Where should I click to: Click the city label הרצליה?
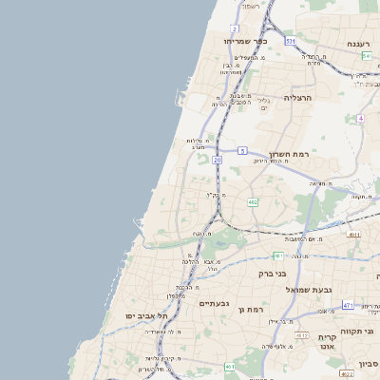point(298,98)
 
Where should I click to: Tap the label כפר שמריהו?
point(245,41)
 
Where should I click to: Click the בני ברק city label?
point(273,274)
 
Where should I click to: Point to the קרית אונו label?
point(329,344)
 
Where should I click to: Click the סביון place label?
point(370,363)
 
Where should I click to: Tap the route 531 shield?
point(290,42)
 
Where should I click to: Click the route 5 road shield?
point(243,151)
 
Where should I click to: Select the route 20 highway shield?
point(217,161)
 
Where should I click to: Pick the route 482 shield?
point(253,202)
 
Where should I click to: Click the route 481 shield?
point(278,256)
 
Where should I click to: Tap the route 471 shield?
point(349,305)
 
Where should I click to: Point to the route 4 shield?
point(361,119)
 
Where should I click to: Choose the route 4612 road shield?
point(302,335)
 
